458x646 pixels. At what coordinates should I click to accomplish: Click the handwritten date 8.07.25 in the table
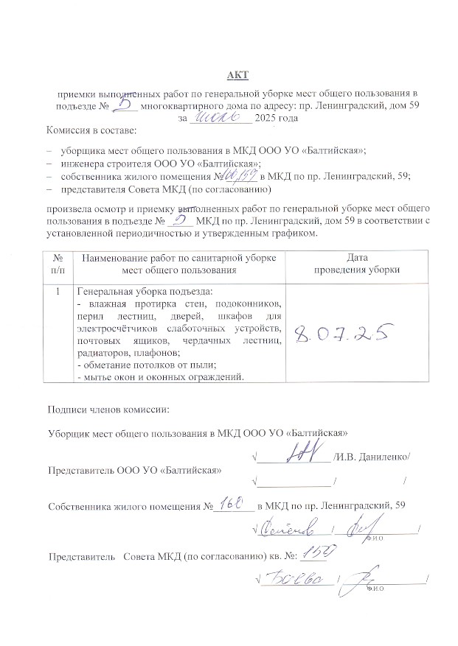tap(341, 336)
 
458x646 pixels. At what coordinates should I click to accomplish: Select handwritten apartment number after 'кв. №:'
tap(323, 554)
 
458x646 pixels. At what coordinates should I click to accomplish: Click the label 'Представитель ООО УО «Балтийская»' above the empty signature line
tap(133, 469)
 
